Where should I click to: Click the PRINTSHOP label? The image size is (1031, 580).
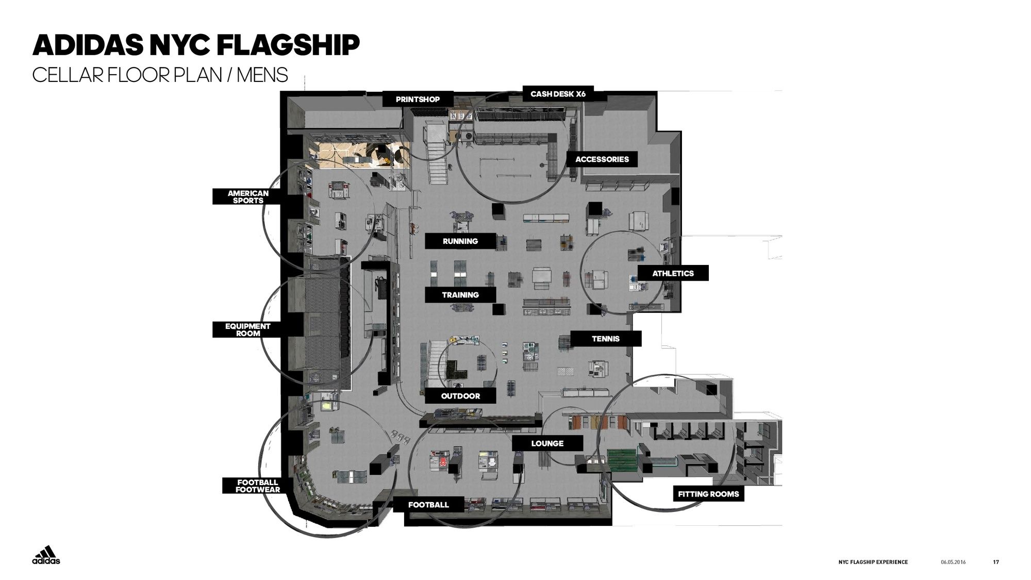418,99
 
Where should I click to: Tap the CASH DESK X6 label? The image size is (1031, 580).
558,94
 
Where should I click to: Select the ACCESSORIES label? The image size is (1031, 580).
602,159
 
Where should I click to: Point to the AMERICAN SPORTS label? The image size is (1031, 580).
248,196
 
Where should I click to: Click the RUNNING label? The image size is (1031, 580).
460,241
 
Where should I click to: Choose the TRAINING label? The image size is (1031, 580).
460,294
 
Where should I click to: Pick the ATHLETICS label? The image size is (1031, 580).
673,273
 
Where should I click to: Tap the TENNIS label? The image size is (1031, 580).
606,339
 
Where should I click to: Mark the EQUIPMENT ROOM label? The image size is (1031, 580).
248,329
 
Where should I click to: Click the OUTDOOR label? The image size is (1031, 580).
460,396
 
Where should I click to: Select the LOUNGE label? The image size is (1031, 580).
547,443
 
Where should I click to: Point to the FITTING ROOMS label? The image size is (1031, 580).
708,494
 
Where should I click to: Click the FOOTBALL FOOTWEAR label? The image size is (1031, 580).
258,486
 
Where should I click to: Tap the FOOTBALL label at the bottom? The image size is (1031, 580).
428,505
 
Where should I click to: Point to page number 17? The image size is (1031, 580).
996,562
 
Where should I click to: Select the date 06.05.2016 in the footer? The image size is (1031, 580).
953,562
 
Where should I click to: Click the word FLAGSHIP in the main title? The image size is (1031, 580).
288,45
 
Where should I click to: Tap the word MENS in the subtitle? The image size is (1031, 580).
262,75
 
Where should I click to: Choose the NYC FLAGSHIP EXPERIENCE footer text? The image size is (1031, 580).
873,562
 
